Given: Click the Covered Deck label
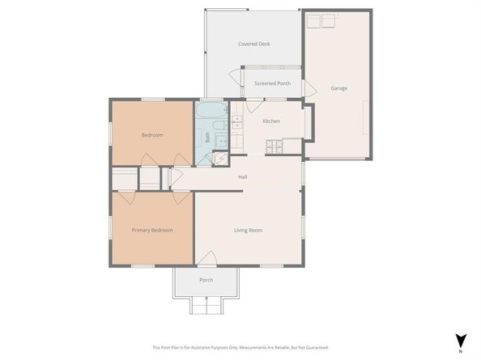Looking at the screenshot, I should point(253,44).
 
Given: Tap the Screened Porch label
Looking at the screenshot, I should point(272,83).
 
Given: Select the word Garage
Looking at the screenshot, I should point(338,88).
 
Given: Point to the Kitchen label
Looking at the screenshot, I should point(271,121).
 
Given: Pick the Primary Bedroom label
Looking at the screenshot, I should point(152,230).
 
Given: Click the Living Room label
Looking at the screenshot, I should point(248,230).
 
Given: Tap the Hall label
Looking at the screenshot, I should point(242,176).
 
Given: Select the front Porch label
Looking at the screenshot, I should point(206,281).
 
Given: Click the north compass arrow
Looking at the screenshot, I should point(460,341).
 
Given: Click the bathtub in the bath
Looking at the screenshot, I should point(211,110).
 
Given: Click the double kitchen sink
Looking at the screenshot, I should point(237,124).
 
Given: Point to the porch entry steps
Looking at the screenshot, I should point(206,305).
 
